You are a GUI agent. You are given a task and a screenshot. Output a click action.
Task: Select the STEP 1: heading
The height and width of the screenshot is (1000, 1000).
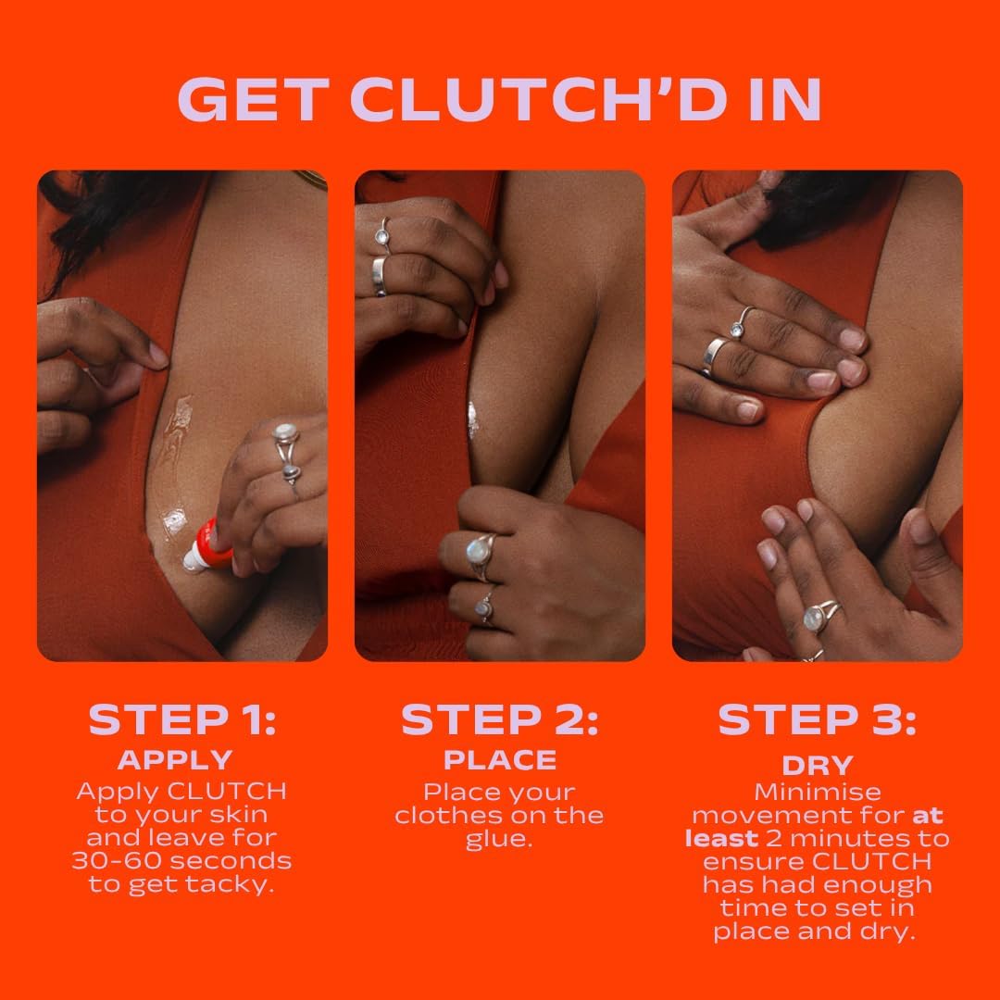coord(181,720)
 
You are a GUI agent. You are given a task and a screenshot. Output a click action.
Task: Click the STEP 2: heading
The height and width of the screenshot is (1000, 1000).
coord(499,720)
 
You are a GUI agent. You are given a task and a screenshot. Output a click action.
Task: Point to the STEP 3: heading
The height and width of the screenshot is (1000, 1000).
coord(817,720)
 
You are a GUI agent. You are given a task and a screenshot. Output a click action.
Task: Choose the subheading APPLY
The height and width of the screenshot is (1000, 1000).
coord(175,760)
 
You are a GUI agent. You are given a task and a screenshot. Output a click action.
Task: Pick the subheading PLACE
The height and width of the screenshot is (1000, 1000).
coord(500,760)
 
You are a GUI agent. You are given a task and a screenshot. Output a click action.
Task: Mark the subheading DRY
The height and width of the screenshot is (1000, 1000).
coord(817,765)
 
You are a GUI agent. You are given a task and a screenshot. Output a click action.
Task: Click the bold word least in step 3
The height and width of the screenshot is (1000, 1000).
coord(721,839)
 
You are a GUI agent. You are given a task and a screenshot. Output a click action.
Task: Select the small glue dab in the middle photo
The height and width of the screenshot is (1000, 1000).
coord(473,419)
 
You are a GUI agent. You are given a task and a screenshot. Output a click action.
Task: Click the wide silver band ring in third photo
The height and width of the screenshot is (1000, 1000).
coord(715,355)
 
